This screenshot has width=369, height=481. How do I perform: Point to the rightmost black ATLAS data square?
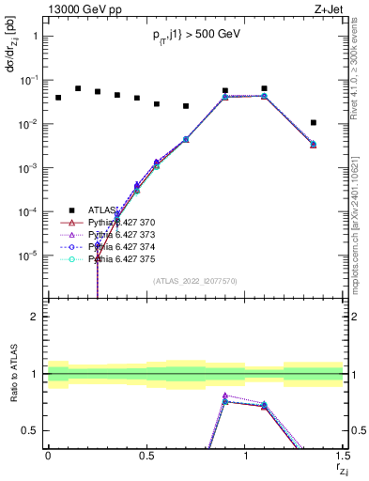314,122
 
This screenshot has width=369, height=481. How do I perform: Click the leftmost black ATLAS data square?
58,98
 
